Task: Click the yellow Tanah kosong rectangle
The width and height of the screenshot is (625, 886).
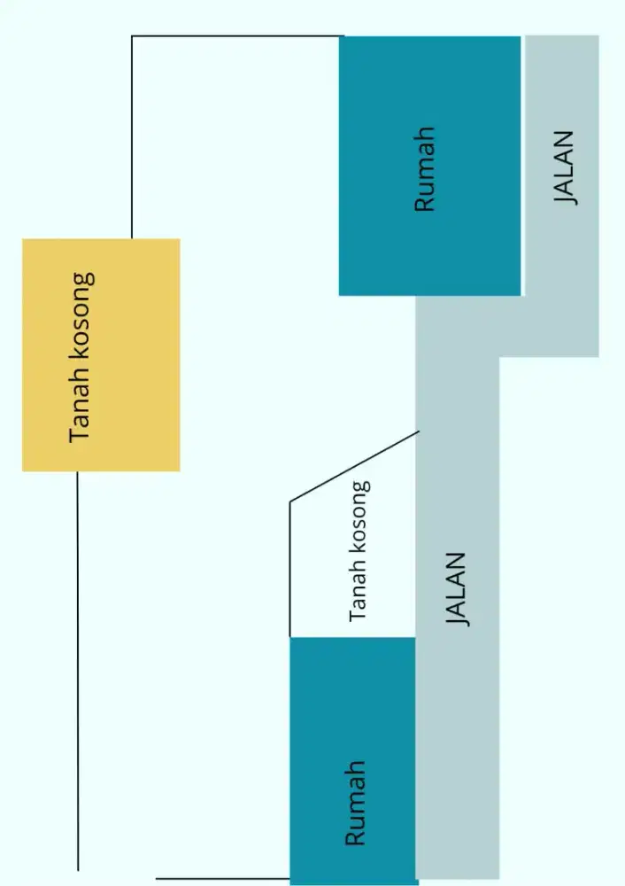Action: pos(101,355)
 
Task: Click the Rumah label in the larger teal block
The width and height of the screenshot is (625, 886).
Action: pos(425,169)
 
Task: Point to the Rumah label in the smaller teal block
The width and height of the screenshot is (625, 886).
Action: pos(355,803)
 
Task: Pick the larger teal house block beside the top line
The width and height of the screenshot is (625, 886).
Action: pos(429,166)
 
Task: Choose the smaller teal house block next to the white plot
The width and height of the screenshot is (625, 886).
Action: pos(353,760)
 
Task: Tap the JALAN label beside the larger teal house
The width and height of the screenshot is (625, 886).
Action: pos(565,167)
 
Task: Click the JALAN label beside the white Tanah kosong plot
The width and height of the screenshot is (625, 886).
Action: pos(457,589)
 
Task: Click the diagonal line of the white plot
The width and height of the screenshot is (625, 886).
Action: pos(355,466)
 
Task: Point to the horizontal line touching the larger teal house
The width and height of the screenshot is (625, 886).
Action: pos(237,36)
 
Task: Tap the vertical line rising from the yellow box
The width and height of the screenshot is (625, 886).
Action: pos(132,137)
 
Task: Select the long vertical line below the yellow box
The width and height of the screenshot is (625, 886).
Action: pos(77,671)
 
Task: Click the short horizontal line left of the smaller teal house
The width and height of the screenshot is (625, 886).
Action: pos(223,879)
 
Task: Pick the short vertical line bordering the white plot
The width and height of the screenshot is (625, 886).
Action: pos(289,569)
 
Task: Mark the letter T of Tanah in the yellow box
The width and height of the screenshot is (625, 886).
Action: pos(79,436)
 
